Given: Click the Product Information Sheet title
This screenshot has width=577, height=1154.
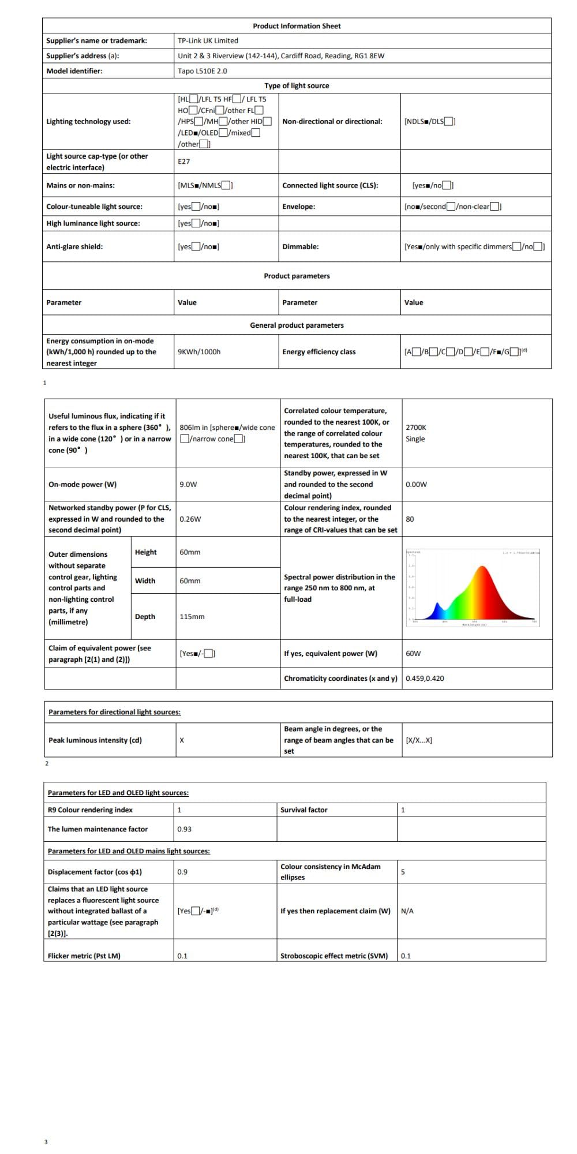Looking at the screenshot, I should [297, 26].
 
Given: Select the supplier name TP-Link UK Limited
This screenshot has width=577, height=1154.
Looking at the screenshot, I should [208, 41].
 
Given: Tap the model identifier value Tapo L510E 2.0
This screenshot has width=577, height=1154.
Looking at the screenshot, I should [202, 71].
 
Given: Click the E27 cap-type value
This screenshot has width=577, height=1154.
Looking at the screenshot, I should [183, 162].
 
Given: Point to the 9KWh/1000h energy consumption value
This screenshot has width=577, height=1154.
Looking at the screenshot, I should [199, 352].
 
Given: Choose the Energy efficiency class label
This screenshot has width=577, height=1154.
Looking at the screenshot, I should [319, 352].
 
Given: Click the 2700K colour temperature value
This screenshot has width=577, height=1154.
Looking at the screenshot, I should [415, 428].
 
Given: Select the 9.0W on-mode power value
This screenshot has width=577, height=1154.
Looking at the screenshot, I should [188, 485].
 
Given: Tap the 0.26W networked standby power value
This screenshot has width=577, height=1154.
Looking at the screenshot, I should [190, 519].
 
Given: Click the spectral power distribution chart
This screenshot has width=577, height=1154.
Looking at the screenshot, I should [473, 587].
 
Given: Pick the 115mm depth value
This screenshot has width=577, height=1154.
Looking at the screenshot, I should [192, 617].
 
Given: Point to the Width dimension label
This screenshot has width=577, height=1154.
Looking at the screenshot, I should [145, 581].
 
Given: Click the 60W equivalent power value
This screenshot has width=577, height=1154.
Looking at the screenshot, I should [413, 654].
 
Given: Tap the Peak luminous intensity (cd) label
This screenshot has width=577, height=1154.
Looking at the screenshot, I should [95, 740].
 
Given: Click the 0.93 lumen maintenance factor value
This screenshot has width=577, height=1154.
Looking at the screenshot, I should [184, 829].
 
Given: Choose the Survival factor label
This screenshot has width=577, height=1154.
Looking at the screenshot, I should [304, 810].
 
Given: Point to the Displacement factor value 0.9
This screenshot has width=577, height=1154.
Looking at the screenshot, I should [182, 872].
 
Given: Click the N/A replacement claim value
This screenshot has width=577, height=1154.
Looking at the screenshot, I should [407, 911].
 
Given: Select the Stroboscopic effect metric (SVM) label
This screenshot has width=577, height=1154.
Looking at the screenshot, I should [334, 956].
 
